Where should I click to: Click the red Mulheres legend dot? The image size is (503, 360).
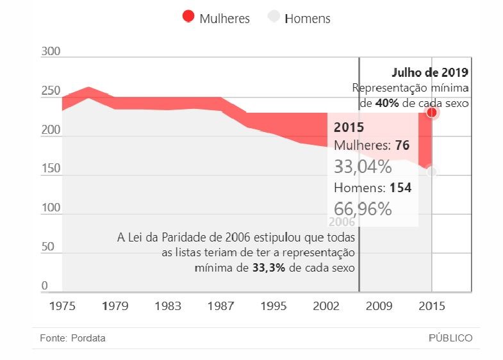(x=188, y=17)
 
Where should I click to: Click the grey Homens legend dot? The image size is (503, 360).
(x=274, y=17)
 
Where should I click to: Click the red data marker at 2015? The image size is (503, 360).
(x=432, y=113)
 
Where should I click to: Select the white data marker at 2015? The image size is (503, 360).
(x=432, y=172)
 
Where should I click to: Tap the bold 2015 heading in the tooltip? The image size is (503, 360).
(x=349, y=127)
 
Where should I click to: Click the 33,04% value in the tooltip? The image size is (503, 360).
(x=363, y=167)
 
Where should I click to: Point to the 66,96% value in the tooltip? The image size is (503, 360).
(x=363, y=208)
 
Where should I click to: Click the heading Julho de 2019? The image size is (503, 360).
(x=430, y=72)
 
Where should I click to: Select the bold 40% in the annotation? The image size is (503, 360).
(x=384, y=102)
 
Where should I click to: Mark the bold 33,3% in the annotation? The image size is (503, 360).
(x=269, y=268)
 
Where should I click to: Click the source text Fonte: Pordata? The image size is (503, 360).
(x=72, y=338)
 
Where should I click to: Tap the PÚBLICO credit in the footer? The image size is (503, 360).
(x=450, y=338)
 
